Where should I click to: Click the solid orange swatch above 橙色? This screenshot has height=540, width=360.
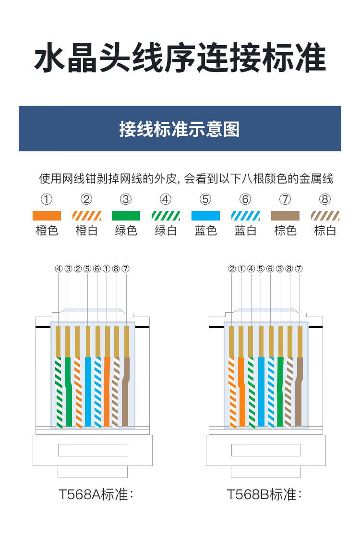47,216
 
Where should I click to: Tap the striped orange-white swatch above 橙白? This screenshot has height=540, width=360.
86,216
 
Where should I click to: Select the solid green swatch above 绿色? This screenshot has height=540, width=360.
126,216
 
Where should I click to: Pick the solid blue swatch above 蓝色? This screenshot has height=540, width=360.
205,216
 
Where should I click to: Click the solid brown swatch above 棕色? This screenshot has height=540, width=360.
285,216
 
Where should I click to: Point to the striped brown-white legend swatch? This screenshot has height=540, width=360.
325,216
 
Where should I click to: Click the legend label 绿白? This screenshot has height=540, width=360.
166,231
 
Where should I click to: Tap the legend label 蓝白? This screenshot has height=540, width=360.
245,231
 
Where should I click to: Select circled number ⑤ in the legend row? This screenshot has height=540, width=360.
205,199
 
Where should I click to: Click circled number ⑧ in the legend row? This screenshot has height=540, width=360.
325,199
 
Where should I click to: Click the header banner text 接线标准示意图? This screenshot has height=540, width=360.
180,129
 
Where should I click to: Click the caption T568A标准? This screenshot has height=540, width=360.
96,494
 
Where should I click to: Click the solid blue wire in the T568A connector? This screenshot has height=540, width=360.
88,392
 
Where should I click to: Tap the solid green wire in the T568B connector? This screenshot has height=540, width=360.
280,392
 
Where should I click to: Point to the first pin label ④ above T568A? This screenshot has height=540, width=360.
59,269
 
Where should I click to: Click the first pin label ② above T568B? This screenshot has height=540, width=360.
232,269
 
